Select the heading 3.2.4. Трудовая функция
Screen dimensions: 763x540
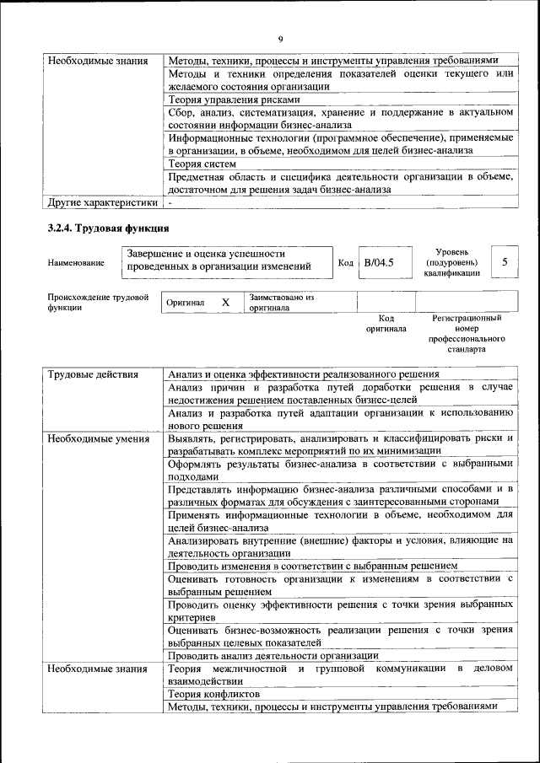click(109, 228)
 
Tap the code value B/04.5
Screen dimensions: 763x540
click(378, 262)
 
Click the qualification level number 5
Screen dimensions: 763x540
click(504, 262)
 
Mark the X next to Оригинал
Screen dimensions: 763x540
click(225, 302)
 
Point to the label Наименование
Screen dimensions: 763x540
click(76, 263)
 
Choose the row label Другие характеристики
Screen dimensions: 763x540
click(102, 202)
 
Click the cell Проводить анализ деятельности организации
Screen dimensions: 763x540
click(273, 655)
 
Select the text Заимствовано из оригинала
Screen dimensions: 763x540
click(281, 303)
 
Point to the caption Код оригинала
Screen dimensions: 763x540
click(386, 324)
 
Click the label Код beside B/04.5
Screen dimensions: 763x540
click(345, 262)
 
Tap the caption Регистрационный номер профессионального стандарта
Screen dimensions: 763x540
click(466, 333)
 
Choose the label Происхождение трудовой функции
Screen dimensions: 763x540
click(98, 302)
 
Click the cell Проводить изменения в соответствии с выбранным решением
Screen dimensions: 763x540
click(312, 565)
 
